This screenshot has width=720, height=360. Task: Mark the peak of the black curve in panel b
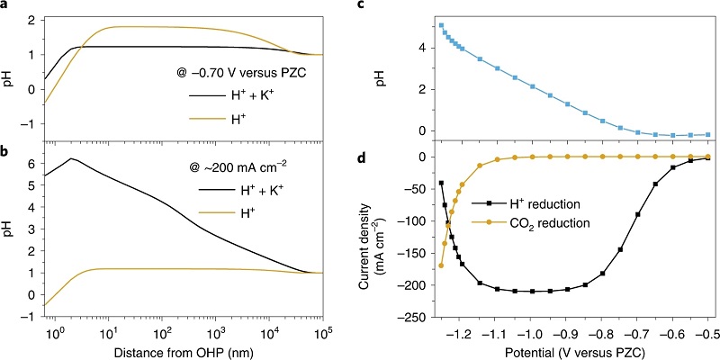click(70, 159)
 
